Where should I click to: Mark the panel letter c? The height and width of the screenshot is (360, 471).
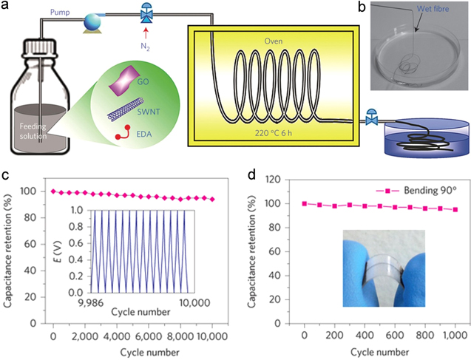[x=5, y=177]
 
